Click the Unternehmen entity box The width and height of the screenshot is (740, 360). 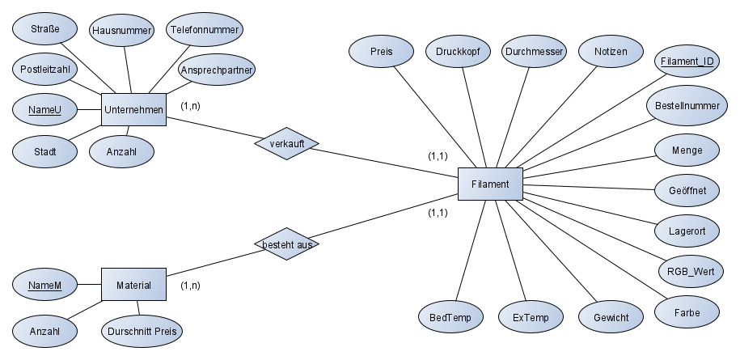(133, 109)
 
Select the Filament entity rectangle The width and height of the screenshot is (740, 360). (490, 184)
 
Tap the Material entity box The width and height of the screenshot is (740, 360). (133, 285)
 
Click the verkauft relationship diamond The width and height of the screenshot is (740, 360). (286, 143)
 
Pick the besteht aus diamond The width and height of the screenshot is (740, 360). (286, 243)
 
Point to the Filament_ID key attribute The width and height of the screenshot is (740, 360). (687, 61)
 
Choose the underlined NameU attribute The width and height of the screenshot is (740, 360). (45, 109)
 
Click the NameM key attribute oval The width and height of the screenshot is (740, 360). (45, 285)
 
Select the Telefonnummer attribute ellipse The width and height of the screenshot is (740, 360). (205, 29)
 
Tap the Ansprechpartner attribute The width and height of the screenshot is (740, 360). (216, 70)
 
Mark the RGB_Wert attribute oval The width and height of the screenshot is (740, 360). (690, 270)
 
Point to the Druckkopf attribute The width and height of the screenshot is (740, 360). (457, 51)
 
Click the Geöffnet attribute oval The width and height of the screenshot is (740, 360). (687, 190)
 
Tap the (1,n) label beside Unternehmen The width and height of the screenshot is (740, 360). (191, 106)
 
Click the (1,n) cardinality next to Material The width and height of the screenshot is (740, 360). (191, 286)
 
